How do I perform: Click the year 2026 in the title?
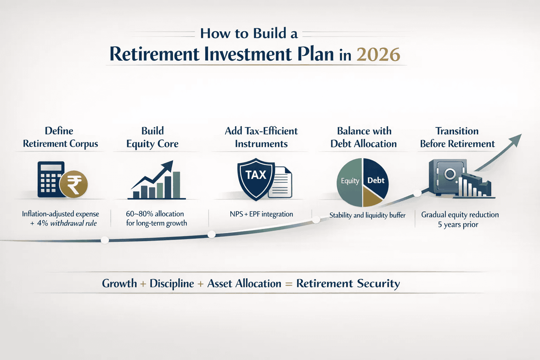click(378, 54)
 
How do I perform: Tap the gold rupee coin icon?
click(73, 184)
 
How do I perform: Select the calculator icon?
click(49, 179)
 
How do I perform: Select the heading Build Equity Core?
click(153, 137)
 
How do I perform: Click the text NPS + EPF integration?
click(261, 214)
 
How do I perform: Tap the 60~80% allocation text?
click(155, 214)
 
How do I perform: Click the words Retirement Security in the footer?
click(348, 283)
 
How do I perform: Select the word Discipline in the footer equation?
click(172, 284)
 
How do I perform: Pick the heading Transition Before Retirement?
click(457, 137)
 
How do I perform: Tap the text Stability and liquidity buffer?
click(367, 215)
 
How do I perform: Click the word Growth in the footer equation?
click(120, 283)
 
